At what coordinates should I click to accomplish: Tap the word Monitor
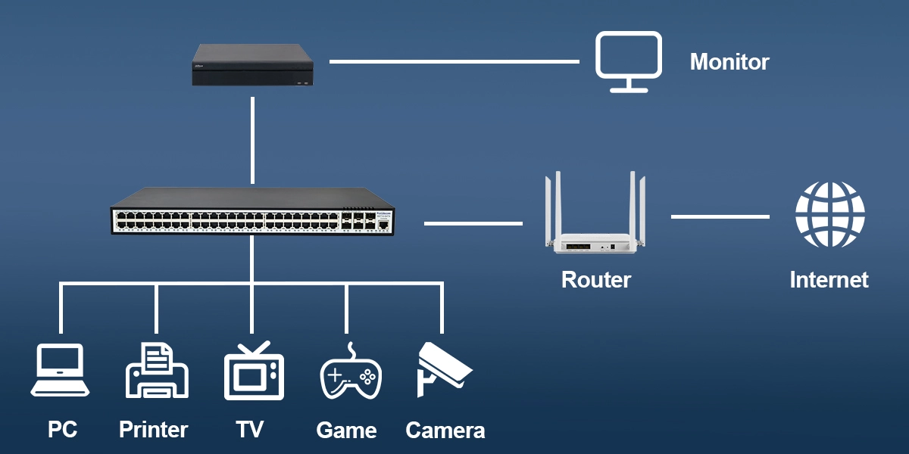click(x=729, y=62)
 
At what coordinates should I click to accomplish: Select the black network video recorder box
click(x=251, y=65)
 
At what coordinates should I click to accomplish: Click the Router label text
click(x=596, y=280)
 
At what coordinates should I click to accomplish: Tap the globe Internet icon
click(x=829, y=215)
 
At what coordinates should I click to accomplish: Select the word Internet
click(x=829, y=280)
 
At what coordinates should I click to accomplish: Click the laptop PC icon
click(x=61, y=371)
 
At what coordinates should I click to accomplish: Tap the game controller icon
click(x=350, y=372)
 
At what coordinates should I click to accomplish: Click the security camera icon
click(x=442, y=368)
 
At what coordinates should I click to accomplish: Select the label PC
click(x=62, y=430)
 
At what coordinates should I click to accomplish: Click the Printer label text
click(x=153, y=430)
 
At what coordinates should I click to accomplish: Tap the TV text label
click(x=249, y=430)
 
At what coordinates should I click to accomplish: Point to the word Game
click(x=346, y=431)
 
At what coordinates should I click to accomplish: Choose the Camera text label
click(x=445, y=431)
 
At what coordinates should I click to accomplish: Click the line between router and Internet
click(x=720, y=217)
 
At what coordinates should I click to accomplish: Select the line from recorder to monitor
click(x=454, y=61)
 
